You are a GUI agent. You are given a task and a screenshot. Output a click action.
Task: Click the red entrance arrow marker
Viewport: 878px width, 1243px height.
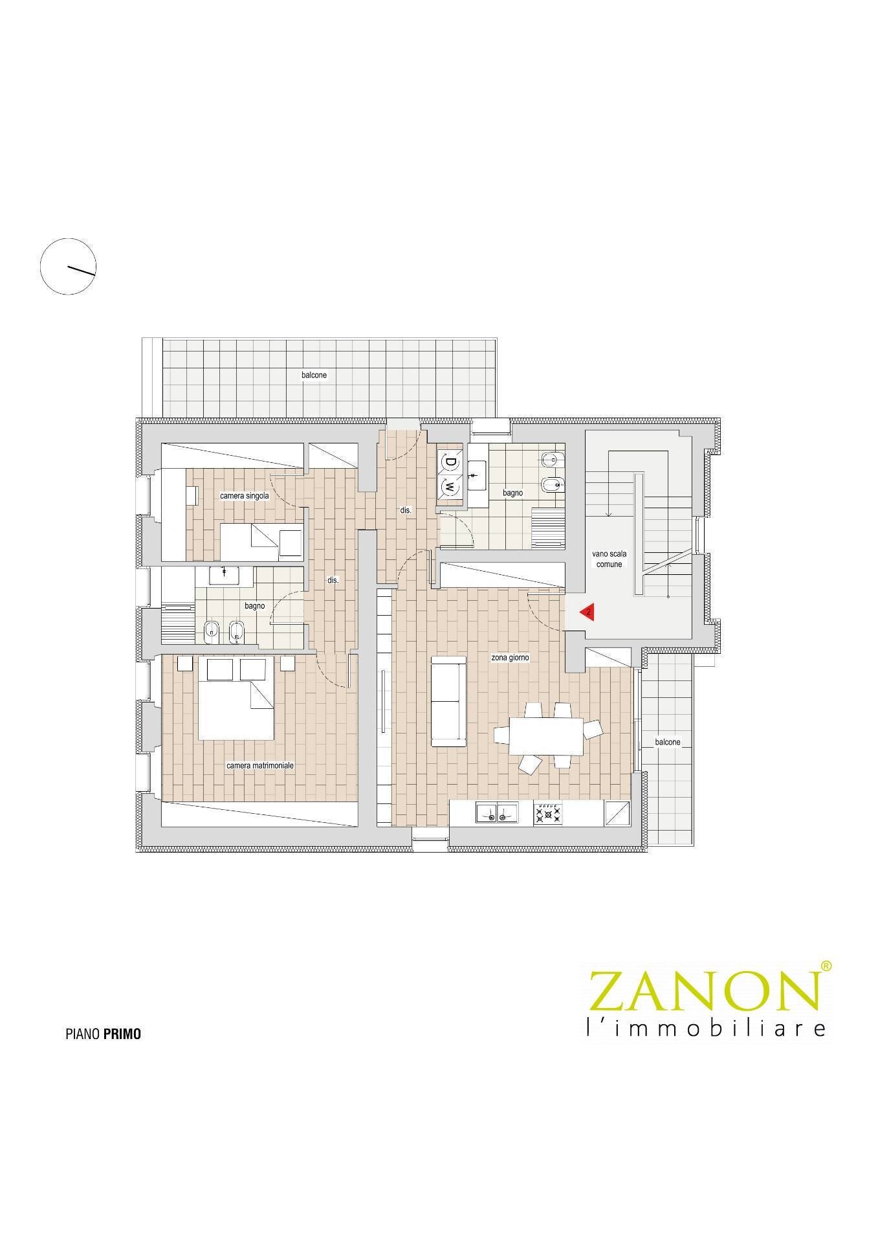click(587, 612)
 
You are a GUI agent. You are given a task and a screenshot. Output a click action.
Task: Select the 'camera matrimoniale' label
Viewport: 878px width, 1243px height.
click(260, 765)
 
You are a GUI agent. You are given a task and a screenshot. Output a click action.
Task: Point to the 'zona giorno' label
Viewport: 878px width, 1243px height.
click(510, 658)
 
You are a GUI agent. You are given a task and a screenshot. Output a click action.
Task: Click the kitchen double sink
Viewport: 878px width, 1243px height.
click(496, 812)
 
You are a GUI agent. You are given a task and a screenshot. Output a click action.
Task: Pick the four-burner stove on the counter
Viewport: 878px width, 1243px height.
click(547, 812)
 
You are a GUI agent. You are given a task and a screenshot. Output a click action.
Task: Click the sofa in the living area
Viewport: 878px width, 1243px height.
click(448, 701)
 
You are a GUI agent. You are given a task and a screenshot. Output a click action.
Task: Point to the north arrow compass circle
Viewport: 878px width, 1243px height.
click(68, 266)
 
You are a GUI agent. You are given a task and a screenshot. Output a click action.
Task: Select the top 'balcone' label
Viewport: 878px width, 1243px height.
click(314, 375)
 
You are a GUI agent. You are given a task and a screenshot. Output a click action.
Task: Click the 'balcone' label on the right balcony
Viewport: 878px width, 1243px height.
click(667, 742)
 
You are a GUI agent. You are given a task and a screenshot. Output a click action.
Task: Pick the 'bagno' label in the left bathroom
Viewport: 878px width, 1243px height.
click(255, 606)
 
